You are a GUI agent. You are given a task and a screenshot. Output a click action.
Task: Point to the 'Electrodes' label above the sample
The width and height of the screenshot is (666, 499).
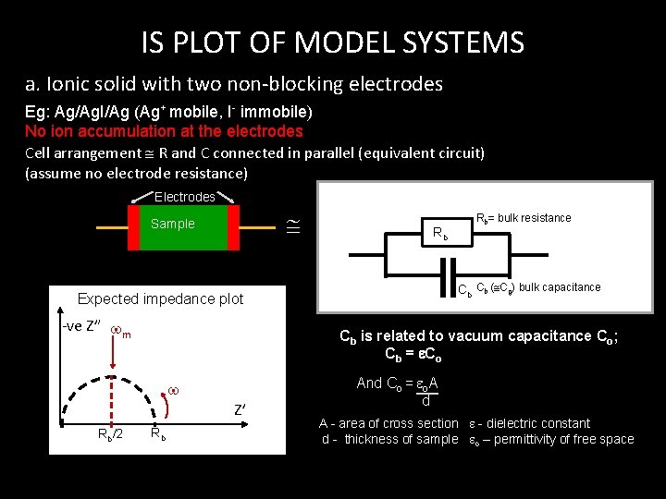tap(184, 197)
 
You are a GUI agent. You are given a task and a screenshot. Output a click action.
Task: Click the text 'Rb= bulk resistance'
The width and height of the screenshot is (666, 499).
tap(523, 218)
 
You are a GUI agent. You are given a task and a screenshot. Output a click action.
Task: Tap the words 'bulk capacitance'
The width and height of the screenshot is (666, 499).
tap(560, 287)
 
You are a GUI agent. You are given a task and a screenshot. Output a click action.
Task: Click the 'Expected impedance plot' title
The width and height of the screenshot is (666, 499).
tap(160, 298)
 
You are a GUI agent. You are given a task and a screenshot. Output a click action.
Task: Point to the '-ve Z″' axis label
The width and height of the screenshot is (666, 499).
tap(80, 328)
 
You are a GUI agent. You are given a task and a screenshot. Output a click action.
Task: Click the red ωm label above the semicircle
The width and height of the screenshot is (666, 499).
tap(119, 333)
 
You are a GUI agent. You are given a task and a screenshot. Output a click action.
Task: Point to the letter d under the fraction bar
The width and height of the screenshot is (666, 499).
tap(425, 401)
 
